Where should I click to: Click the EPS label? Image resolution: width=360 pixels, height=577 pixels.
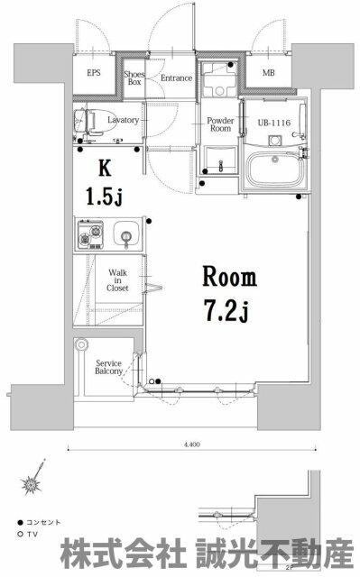pos(94,72)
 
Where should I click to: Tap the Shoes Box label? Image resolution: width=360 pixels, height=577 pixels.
pos(134,78)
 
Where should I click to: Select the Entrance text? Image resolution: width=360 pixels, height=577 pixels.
pos(176,78)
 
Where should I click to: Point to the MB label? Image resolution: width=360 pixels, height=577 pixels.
pos(268,73)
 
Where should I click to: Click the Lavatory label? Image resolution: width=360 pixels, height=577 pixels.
pos(123,120)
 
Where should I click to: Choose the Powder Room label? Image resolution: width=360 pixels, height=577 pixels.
pos(220,124)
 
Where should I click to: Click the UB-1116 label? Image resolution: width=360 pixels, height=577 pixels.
pos(274,123)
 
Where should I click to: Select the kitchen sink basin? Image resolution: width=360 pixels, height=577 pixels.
pos(126,234)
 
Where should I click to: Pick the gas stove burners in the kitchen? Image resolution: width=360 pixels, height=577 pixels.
pos(90,234)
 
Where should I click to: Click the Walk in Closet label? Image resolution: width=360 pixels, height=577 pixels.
pos(118,280)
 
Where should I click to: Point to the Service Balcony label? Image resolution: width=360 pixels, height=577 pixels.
pos(108,367)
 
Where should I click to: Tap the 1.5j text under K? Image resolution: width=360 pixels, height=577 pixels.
pos(104,196)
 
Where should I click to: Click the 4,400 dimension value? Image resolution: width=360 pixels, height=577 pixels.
pos(192,444)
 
